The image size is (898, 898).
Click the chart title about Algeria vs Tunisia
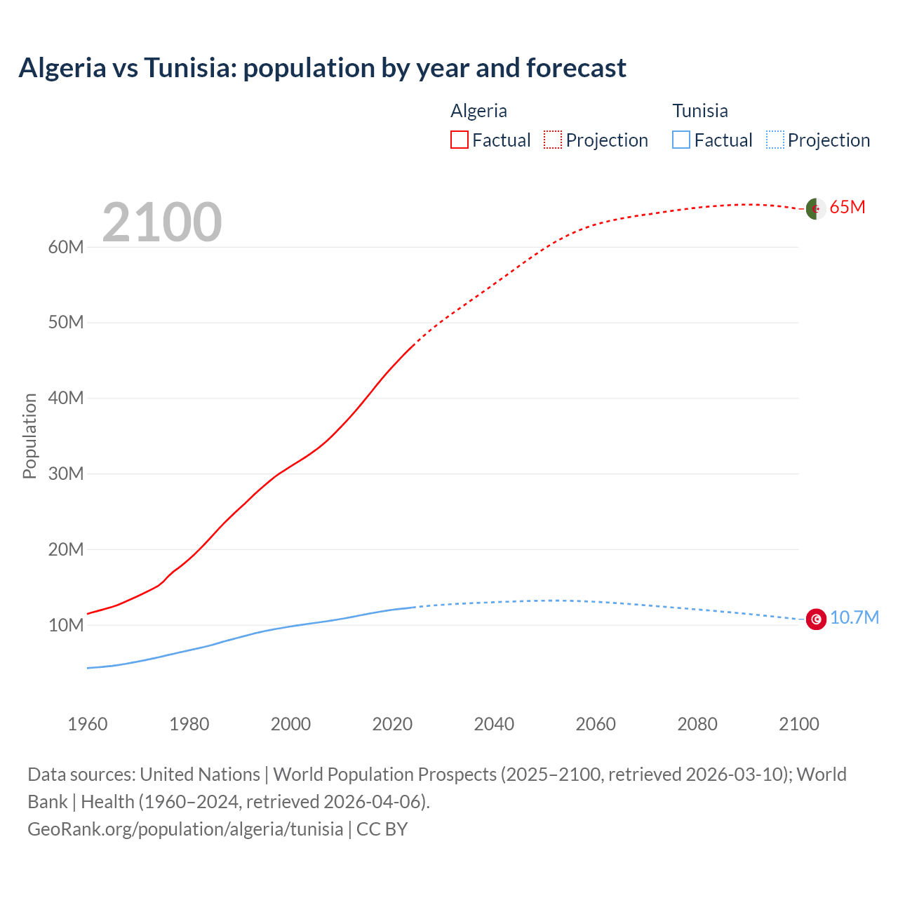[322, 68]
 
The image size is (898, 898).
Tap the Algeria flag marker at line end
[815, 208]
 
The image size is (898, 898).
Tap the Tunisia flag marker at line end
[816, 619]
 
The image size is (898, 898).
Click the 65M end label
[847, 207]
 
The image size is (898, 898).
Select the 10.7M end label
[854, 617]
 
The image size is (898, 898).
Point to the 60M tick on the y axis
[66, 247]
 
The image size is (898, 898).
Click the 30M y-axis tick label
[66, 474]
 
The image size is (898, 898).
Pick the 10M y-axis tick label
[66, 625]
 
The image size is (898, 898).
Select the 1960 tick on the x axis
[88, 724]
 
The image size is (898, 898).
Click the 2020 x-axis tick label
[392, 724]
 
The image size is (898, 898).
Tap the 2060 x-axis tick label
[596, 724]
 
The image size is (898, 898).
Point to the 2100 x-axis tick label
[798, 724]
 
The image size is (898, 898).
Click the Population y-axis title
[29, 436]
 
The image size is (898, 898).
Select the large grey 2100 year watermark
[162, 222]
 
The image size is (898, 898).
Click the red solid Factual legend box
[460, 140]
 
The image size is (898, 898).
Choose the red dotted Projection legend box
[553, 140]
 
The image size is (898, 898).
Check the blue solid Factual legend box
[681, 140]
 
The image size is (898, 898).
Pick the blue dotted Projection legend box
[775, 140]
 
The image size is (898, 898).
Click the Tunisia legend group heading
[699, 111]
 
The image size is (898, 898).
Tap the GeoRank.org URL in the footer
[185, 829]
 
